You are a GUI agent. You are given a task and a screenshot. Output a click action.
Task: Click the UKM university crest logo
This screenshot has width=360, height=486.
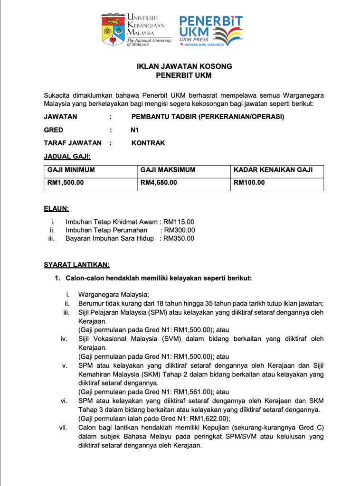click(x=113, y=29)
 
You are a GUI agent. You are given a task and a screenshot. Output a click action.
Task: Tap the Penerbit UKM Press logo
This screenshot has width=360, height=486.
click(x=210, y=30)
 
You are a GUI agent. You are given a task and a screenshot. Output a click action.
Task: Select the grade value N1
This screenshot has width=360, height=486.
click(x=135, y=130)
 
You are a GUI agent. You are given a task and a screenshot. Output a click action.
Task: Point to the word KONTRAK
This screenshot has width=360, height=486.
click(x=148, y=143)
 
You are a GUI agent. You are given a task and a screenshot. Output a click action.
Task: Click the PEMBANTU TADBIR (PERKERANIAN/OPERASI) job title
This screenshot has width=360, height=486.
click(x=208, y=116)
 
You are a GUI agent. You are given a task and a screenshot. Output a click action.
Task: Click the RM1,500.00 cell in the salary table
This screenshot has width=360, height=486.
click(x=66, y=182)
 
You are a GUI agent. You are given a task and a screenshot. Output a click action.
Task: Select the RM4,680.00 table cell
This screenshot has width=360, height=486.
click(x=159, y=182)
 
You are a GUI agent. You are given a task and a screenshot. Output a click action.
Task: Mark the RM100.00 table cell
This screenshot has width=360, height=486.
click(x=249, y=182)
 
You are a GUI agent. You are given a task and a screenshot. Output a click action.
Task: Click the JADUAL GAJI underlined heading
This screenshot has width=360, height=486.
click(x=67, y=156)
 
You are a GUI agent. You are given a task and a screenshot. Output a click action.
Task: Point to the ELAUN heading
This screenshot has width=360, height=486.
click(x=56, y=208)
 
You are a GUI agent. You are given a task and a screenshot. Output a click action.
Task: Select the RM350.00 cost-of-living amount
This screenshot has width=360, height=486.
click(x=179, y=238)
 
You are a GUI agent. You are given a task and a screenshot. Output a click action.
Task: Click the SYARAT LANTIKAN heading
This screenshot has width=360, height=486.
click(x=76, y=264)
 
